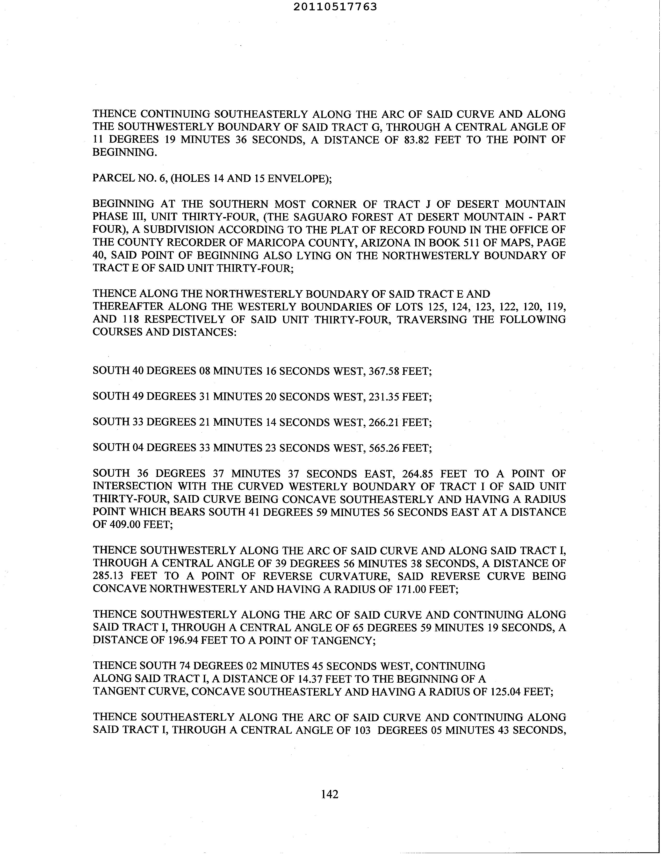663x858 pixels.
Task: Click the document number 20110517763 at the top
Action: tap(335, 7)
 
